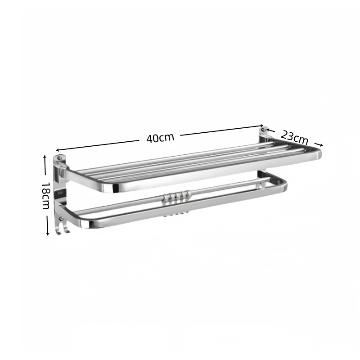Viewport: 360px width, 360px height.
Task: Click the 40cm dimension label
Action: [x=160, y=138]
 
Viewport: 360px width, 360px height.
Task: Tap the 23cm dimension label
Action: [x=294, y=137]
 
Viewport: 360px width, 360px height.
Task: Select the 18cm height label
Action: [x=46, y=196]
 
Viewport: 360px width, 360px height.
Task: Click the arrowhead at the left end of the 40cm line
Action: [x=58, y=150]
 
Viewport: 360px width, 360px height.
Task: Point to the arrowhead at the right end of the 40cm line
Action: [x=261, y=126]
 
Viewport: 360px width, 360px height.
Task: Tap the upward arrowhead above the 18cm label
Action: [x=45, y=157]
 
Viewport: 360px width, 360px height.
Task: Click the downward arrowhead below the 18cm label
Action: [x=48, y=234]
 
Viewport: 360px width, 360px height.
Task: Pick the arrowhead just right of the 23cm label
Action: [x=321, y=145]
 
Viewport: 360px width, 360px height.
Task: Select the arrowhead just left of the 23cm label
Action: [x=268, y=130]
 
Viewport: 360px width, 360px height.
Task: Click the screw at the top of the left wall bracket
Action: [x=59, y=158]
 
